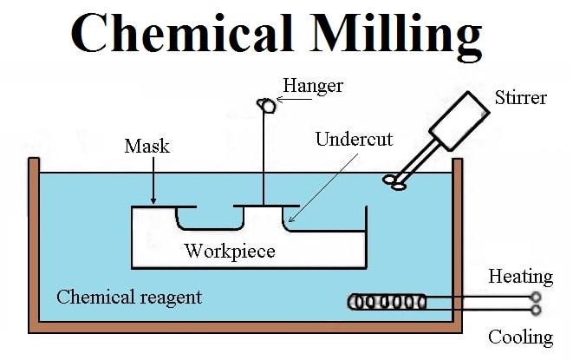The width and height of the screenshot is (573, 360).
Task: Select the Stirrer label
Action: coord(520,97)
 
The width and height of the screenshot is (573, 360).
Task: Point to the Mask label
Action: coord(147,146)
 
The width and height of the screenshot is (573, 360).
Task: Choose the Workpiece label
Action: coord(230,252)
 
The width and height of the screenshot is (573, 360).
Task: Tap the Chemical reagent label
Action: coord(129,297)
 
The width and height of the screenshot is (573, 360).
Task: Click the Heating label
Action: coord(520,277)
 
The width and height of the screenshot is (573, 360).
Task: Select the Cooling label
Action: coord(520,337)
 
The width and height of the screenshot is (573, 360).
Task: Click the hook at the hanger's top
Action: coord(266,105)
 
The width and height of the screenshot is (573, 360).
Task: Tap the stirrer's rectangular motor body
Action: coord(461,121)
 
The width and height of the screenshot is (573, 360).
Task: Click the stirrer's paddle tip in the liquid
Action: coord(397,181)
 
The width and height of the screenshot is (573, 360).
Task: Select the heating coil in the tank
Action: coord(387,302)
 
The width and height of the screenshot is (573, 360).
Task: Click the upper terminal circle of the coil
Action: coord(536,297)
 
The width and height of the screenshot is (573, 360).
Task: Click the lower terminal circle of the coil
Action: coord(536,310)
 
